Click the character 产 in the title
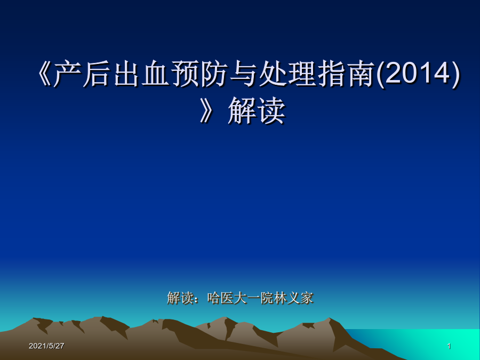[x=67, y=74]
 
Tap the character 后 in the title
[x=96, y=74]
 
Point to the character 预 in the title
[x=185, y=74]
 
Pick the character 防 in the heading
[x=214, y=74]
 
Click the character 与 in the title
[x=244, y=74]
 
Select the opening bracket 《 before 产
[x=44, y=74]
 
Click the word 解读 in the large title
[x=257, y=110]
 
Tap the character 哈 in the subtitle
[x=214, y=298]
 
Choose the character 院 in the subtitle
[x=267, y=298]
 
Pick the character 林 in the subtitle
[x=280, y=298]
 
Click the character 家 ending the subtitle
[x=307, y=298]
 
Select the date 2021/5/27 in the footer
[x=46, y=346]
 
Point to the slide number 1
[x=449, y=346]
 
